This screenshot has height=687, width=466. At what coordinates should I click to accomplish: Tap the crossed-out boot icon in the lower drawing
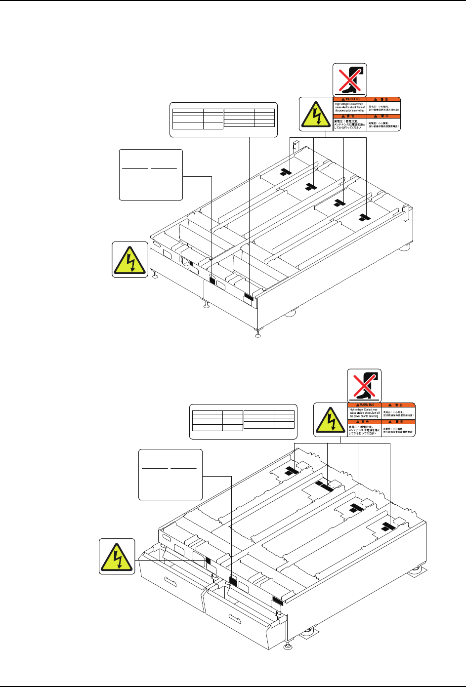pos(364,384)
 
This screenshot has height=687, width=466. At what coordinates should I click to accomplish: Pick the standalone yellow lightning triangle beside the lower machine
pos(117,556)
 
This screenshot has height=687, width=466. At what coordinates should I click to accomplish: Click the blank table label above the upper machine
pos(223,119)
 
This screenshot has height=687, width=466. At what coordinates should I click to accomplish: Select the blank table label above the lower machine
pos(244,421)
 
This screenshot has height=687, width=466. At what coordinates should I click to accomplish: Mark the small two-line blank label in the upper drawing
pos(151,175)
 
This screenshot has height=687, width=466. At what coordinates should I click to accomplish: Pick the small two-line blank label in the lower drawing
pos(170,474)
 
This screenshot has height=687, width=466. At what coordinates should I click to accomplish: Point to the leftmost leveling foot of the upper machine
pos(155,275)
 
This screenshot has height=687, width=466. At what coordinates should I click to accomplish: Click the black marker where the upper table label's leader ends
pos(249,297)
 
